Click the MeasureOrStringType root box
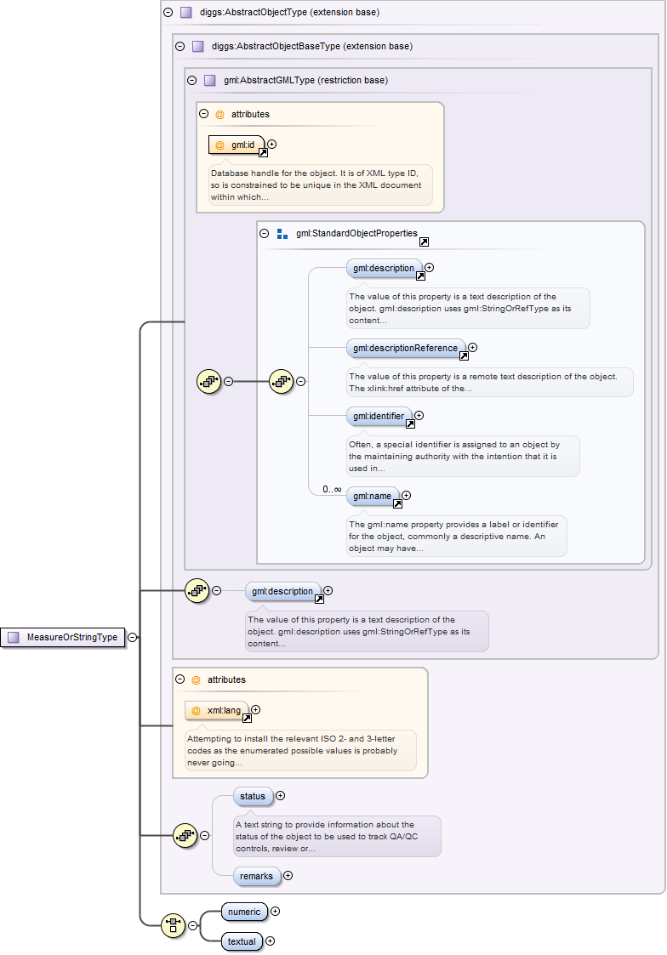(64, 637)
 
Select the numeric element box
(243, 912)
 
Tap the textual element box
(242, 941)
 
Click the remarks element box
(256, 875)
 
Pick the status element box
(253, 796)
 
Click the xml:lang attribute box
(217, 710)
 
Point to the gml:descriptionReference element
(407, 348)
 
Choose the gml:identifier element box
(379, 416)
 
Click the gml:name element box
(372, 496)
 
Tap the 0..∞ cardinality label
(331, 490)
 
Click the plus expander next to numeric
(275, 912)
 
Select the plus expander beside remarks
(288, 875)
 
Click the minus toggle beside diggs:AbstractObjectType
(168, 13)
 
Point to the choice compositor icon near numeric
(174, 925)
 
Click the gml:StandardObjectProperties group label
(356, 233)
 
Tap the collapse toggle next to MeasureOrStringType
(133, 637)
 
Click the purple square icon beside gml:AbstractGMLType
(209, 80)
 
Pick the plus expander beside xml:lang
(255, 710)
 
